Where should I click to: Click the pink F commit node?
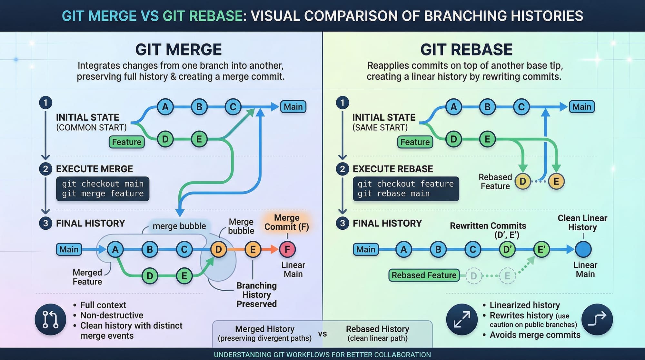287,249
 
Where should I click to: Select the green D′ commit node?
507,249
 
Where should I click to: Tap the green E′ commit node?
541,249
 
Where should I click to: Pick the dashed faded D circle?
473,276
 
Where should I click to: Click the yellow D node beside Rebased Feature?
523,181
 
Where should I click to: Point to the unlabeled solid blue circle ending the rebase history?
583,249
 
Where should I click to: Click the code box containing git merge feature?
103,189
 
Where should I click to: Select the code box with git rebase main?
406,189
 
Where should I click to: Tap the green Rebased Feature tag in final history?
424,275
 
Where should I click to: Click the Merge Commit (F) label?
287,222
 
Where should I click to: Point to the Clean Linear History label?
582,223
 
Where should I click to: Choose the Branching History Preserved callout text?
256,295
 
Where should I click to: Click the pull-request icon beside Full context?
50,319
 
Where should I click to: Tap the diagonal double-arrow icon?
462,319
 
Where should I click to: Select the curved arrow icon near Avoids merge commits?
597,319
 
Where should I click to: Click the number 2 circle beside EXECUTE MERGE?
45,169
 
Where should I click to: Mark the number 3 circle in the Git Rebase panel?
342,223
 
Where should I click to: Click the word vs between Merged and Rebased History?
322,334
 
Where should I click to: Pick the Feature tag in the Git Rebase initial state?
415,142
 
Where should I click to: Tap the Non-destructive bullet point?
112,315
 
